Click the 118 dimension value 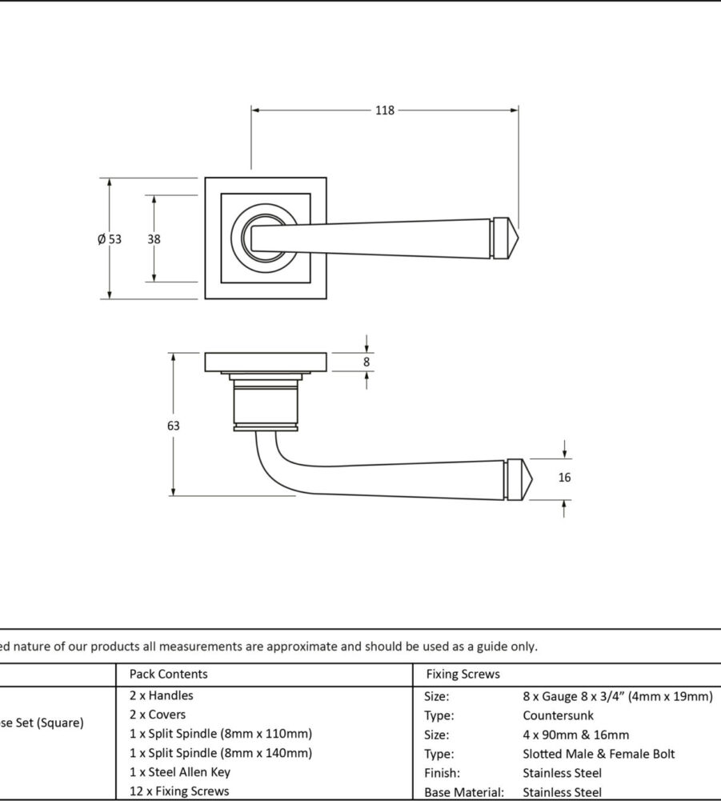click(385, 110)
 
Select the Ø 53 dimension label click(110, 238)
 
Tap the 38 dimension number click(154, 238)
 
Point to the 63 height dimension click(174, 426)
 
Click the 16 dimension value click(565, 478)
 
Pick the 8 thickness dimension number click(367, 362)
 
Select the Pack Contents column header click(168, 674)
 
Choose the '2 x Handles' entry click(161, 695)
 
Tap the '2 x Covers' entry click(157, 715)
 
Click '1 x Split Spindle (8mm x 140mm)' click(220, 753)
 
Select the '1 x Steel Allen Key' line click(179, 772)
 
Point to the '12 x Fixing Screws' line click(178, 791)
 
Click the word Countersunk click(558, 715)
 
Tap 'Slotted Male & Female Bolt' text click(598, 754)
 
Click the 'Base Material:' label click(464, 792)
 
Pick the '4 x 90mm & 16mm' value click(575, 735)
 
